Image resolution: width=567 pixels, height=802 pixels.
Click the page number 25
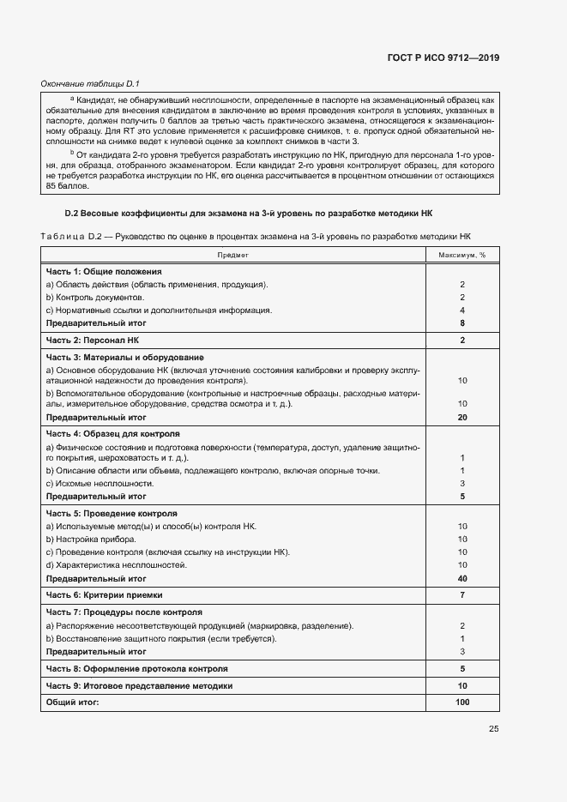(493, 729)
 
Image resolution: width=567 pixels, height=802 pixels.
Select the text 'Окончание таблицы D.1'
(90, 83)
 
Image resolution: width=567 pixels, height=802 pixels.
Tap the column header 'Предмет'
(233, 255)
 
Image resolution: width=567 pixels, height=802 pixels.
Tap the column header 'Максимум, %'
(461, 255)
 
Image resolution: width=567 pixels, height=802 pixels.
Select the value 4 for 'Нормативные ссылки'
(461, 310)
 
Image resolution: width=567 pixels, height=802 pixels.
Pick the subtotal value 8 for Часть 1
(461, 323)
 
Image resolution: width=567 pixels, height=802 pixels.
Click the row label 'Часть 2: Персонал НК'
(92, 341)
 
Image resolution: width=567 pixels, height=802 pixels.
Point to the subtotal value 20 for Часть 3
(461, 417)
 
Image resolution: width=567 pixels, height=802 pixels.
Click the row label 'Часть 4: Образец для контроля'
(112, 434)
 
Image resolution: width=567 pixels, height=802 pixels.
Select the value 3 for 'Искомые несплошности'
(461, 483)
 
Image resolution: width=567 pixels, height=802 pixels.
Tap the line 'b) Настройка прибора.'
(91, 540)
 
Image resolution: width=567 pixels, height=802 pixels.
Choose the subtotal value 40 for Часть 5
(461, 578)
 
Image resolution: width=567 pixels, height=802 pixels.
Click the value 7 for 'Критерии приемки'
(461, 594)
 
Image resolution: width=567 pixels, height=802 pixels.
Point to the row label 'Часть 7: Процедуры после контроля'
(124, 612)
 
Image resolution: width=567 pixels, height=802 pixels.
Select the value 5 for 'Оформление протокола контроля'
(461, 668)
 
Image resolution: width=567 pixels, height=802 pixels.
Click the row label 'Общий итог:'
(73, 703)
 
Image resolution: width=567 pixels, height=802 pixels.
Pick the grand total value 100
(461, 703)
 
